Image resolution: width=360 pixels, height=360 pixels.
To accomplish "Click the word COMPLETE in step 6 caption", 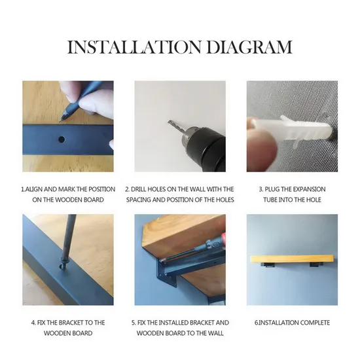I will pyautogui.click(x=314, y=323).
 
